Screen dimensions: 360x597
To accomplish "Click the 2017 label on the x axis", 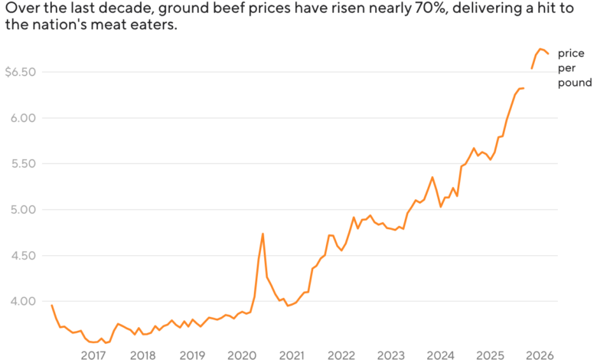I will [93, 355].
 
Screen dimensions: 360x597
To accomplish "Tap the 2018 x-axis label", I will [142, 355].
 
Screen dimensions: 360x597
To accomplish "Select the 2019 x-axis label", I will [192, 355].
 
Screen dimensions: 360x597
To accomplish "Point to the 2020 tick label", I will [242, 355].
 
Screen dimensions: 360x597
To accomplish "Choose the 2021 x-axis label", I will [292, 355].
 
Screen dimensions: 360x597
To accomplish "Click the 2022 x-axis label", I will [341, 355].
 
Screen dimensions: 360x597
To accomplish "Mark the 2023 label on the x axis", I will [391, 355].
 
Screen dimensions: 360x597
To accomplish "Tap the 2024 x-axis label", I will [441, 355].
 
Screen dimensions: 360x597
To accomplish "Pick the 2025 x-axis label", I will [491, 355].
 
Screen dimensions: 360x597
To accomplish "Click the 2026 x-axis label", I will [540, 355].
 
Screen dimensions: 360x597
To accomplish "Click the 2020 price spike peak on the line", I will [263, 234].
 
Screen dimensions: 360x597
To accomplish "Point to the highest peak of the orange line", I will [540, 49].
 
